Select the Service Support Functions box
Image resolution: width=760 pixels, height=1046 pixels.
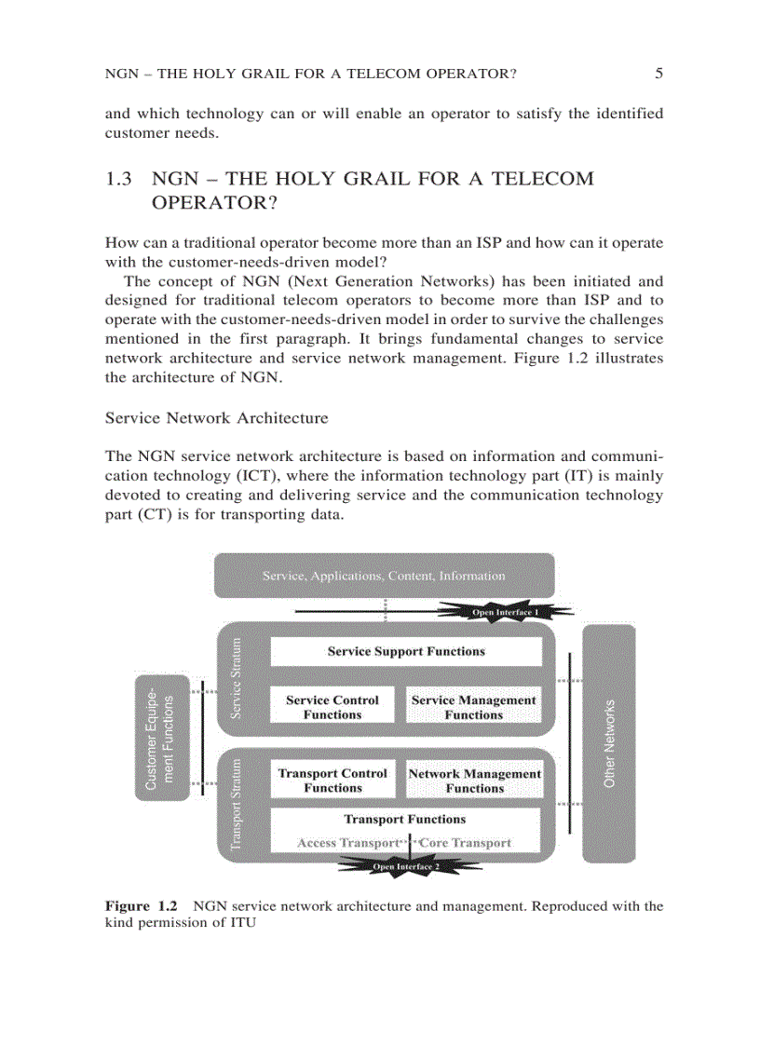406,652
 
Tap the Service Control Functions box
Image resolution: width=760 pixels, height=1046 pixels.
332,707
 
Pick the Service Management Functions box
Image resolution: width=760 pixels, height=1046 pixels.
474,707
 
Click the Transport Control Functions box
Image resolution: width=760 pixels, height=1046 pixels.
332,781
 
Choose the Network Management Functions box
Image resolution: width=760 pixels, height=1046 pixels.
474,781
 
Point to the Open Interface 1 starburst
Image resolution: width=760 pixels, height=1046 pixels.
505,612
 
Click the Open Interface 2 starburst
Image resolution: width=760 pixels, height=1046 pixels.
406,866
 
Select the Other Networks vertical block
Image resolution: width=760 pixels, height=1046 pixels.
609,743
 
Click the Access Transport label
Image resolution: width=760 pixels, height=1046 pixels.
347,843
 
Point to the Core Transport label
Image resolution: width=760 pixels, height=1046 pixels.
465,843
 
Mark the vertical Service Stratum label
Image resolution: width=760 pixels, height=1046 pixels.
237,677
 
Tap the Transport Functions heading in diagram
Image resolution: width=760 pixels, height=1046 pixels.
405,820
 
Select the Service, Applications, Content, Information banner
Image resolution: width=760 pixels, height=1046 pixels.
384,576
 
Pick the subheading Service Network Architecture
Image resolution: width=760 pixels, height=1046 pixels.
217,418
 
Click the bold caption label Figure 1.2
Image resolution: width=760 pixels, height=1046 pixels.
141,905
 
